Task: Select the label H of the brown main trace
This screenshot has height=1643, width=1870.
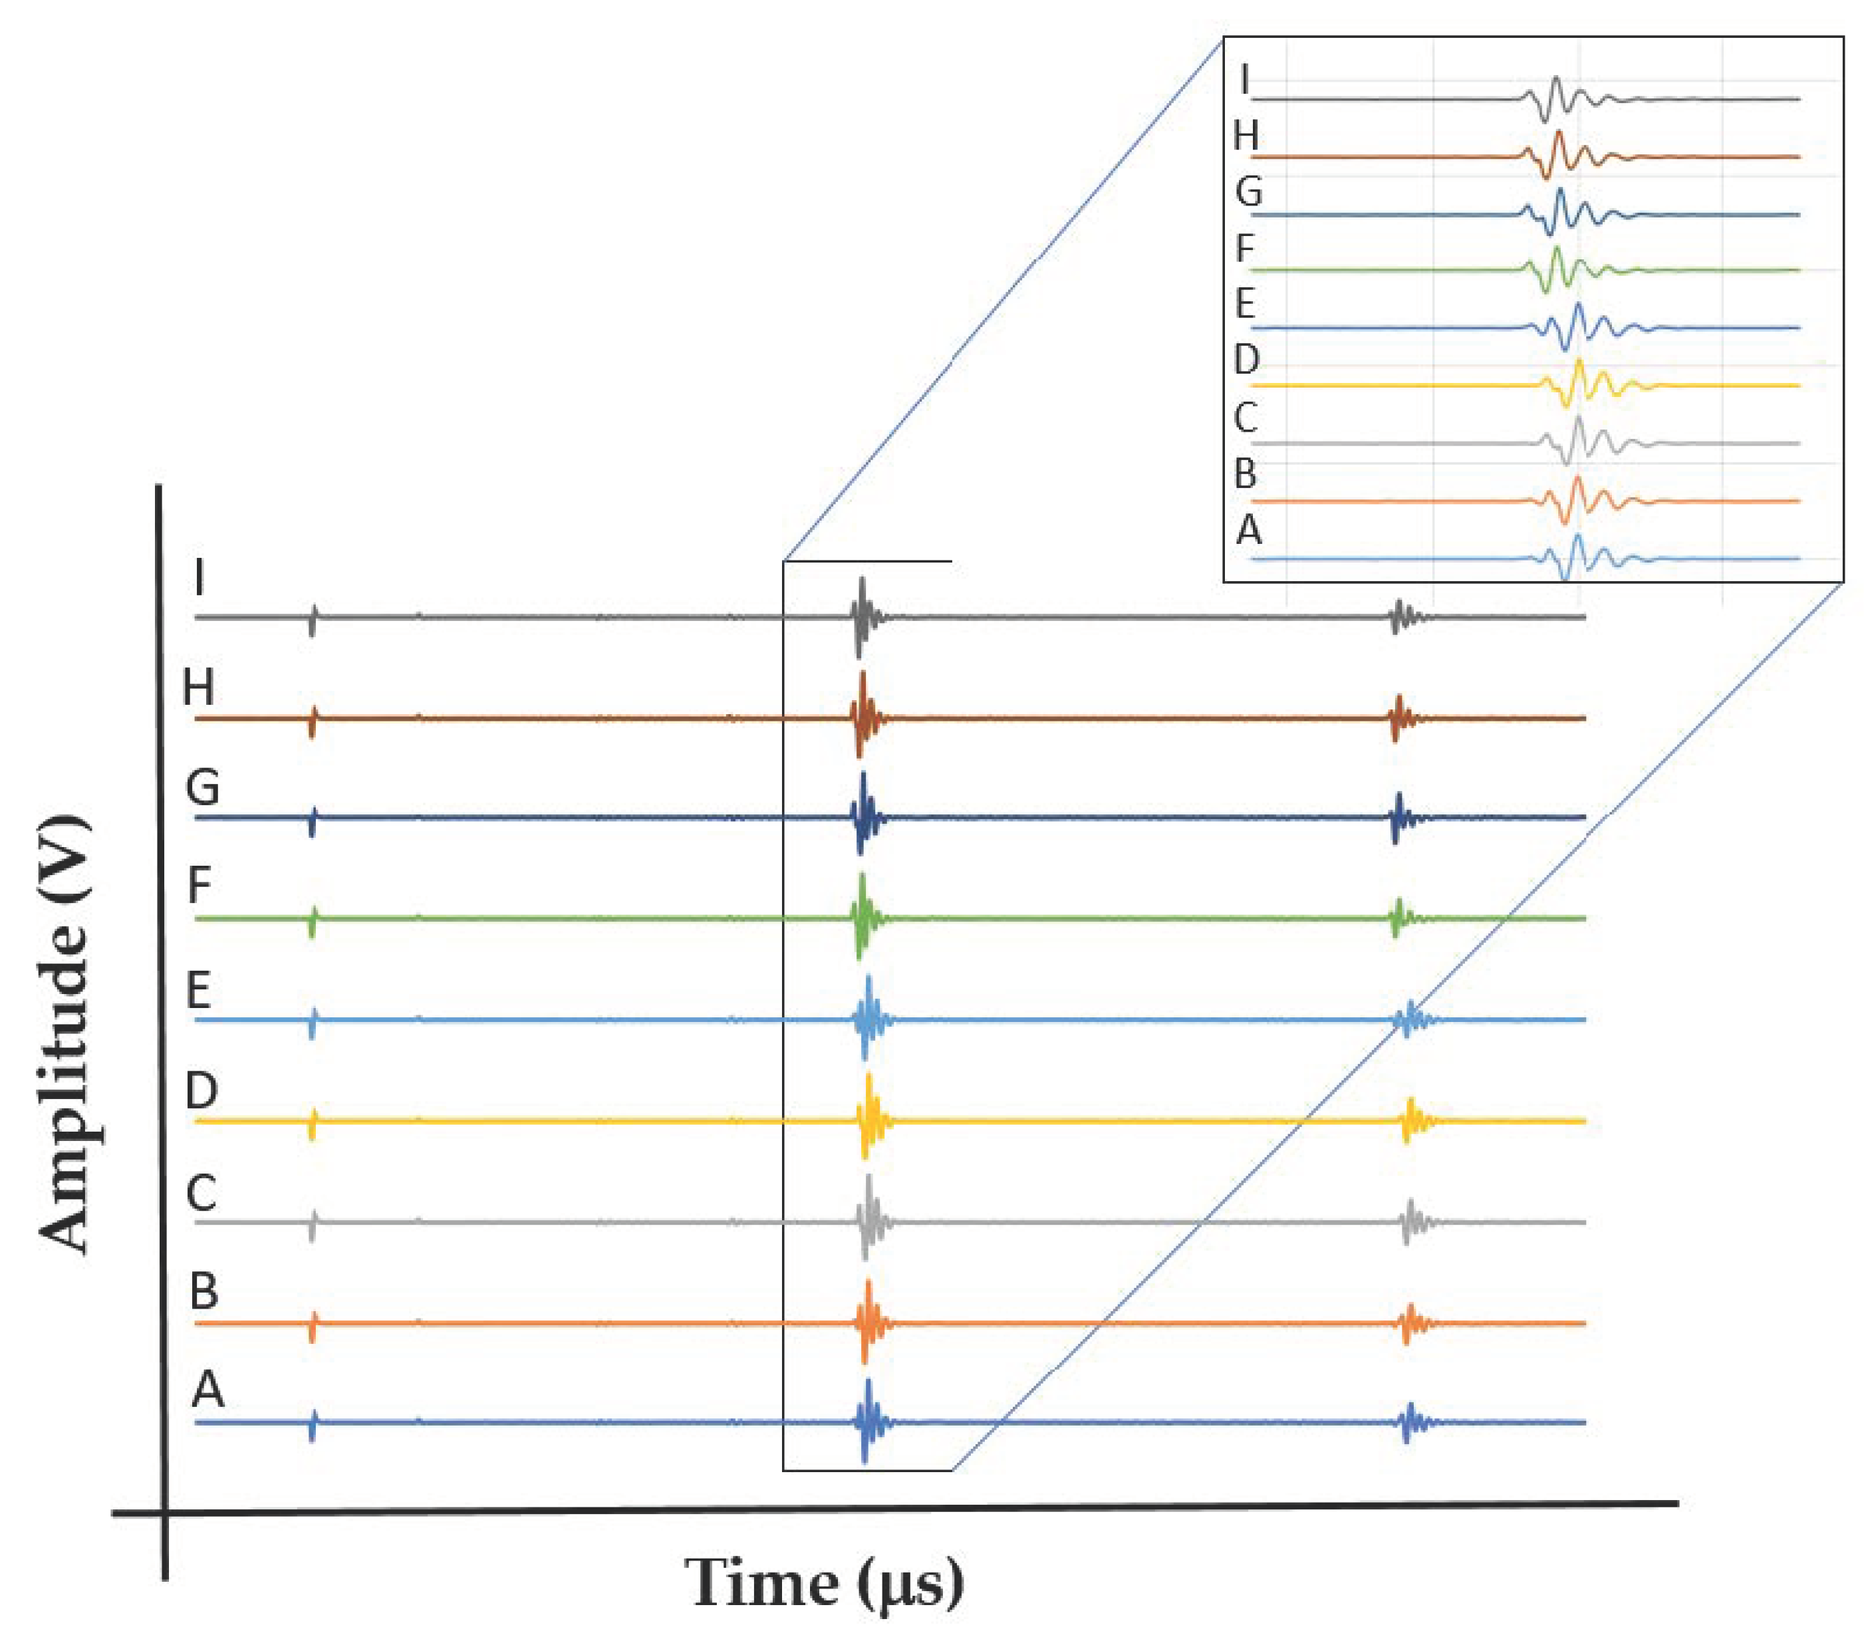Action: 199,686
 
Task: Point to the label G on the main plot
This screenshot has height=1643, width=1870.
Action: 202,787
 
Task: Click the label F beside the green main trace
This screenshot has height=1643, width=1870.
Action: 199,886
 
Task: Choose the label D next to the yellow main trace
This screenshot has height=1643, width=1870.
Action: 201,1090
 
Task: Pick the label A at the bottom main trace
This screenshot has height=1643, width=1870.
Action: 207,1390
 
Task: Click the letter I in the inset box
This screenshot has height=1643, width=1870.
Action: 1244,80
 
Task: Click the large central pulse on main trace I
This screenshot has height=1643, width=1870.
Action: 860,616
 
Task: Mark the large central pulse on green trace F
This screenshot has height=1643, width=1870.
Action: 860,918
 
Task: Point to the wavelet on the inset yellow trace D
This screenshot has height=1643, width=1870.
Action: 1576,384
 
